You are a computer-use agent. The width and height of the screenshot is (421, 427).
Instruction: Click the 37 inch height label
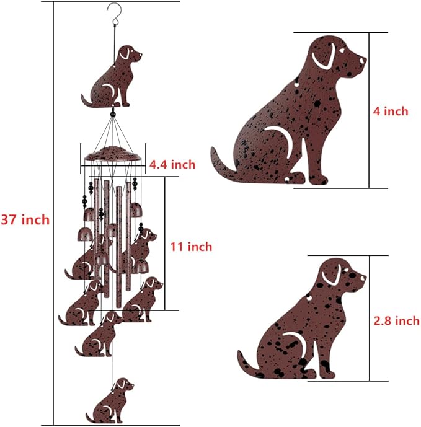25,219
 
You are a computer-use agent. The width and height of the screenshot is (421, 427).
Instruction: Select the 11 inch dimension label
191,247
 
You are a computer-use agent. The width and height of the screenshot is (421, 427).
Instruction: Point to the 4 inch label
391,112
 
